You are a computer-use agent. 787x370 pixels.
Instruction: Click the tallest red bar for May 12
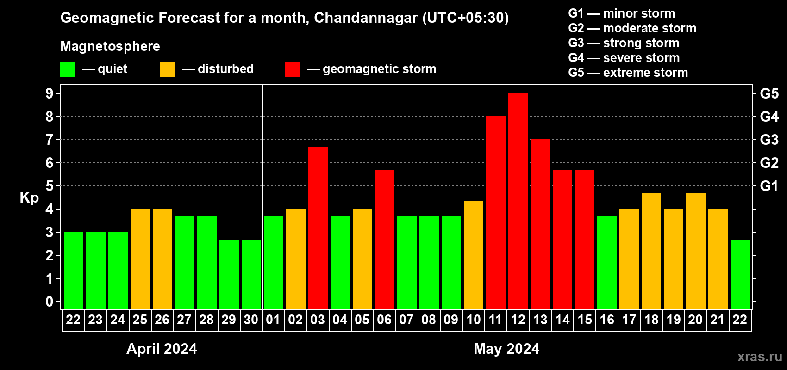point(518,201)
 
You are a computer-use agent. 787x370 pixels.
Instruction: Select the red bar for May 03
point(318,228)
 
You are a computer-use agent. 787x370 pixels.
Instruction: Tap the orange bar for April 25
point(140,259)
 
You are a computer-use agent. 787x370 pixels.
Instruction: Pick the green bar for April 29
point(229,274)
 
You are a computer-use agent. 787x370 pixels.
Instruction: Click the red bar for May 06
point(384,239)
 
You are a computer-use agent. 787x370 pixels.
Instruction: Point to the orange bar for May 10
point(473,255)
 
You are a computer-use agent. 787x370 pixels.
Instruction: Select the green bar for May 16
point(606,262)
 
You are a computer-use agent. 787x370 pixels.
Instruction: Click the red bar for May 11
point(495,212)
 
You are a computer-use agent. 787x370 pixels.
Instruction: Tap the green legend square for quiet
point(68,70)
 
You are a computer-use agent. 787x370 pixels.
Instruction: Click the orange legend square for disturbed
point(168,70)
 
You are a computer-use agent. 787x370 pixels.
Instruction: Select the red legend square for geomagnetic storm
point(293,70)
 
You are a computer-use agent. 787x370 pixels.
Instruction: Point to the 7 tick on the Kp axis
point(50,140)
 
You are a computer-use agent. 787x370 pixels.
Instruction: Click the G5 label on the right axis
point(769,93)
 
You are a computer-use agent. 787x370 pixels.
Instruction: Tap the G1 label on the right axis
point(769,186)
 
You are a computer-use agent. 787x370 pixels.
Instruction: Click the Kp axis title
point(29,197)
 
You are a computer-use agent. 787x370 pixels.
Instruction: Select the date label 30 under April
point(251,320)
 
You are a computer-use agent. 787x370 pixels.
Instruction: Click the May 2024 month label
point(506,349)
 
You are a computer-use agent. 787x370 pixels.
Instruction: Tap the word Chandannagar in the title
point(366,18)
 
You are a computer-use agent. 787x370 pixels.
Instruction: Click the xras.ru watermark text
point(760,357)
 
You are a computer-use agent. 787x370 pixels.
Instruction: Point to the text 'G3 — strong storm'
point(624,43)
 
